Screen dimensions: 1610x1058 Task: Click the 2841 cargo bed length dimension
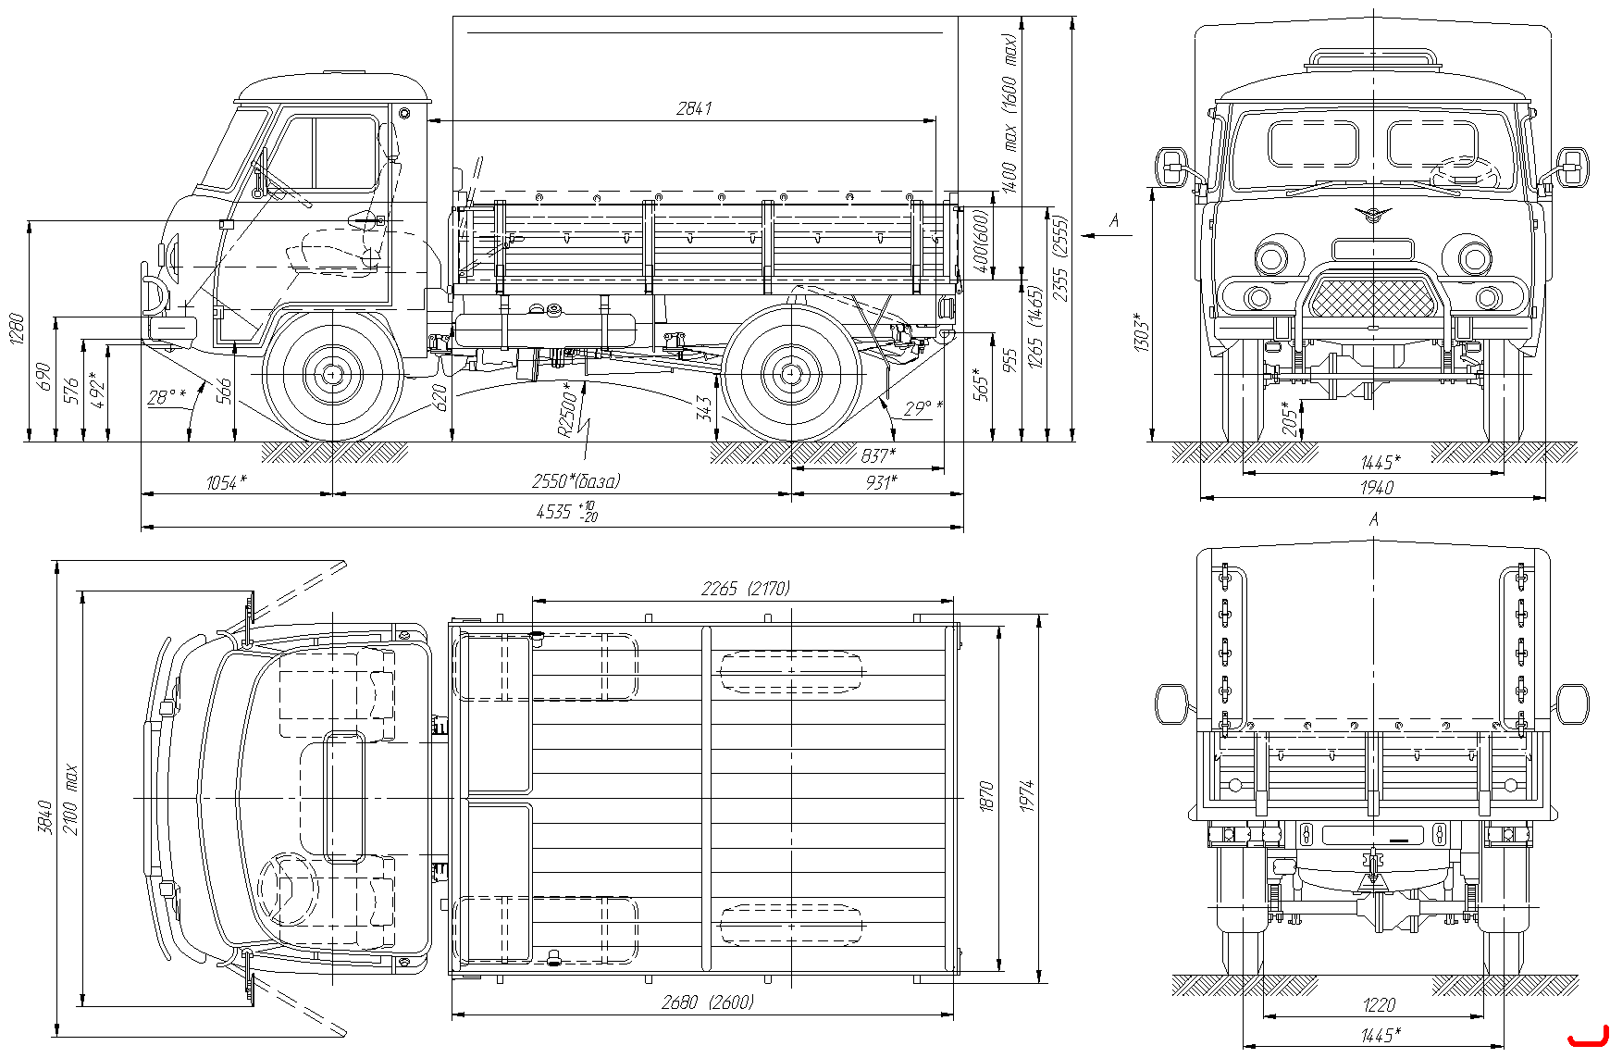(x=694, y=108)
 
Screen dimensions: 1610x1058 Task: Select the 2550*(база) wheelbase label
(x=576, y=481)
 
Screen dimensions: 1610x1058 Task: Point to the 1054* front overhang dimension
(x=227, y=482)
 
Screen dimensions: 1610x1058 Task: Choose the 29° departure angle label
(x=923, y=408)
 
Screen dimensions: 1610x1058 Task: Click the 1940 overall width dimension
(x=1377, y=488)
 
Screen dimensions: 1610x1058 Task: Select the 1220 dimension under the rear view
(x=1379, y=1004)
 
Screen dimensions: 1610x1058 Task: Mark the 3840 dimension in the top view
(x=44, y=816)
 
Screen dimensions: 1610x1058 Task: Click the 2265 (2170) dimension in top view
(x=745, y=589)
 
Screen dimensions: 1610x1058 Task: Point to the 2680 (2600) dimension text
(x=708, y=1002)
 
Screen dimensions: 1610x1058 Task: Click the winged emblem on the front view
(x=1373, y=215)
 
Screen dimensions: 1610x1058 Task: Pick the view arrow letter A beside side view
(x=1114, y=220)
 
